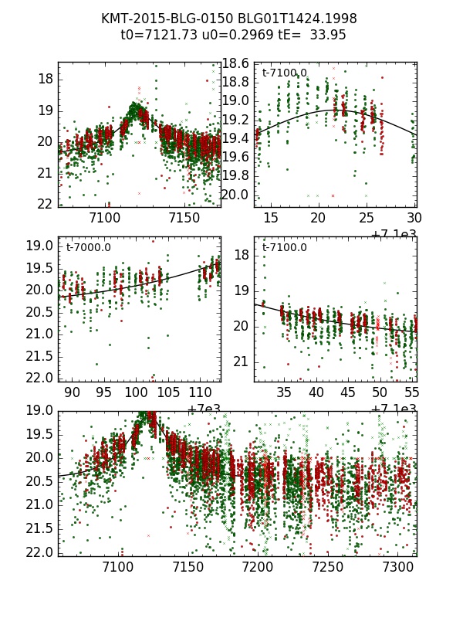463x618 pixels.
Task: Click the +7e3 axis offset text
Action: pos(204,409)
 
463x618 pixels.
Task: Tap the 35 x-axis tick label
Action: pos(285,393)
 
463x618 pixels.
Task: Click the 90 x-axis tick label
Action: pos(72,393)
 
